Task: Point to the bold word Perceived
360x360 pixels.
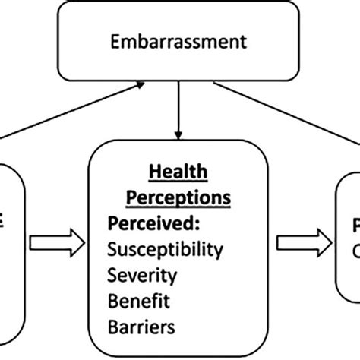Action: [144, 225]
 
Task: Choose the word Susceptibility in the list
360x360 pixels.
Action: [166, 250]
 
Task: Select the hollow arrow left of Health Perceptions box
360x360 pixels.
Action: [55, 242]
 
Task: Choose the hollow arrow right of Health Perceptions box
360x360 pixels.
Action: [302, 242]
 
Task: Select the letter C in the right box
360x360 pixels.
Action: [355, 250]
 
